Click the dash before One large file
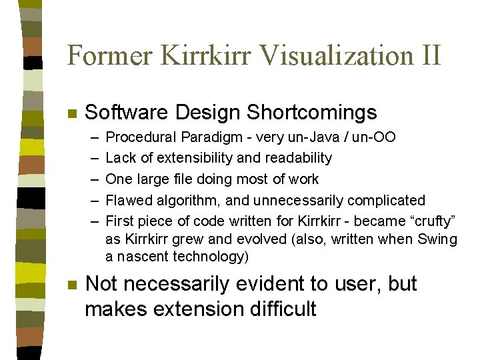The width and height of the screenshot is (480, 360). [93, 179]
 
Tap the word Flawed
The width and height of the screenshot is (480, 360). [127, 200]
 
